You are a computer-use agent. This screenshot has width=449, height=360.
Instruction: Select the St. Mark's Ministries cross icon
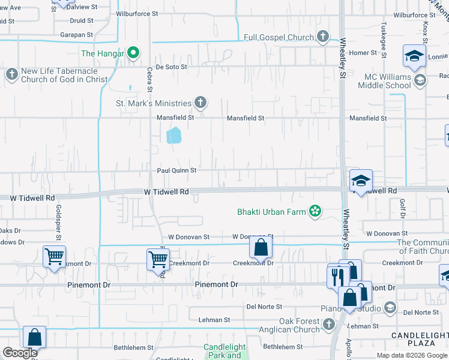pos(200,103)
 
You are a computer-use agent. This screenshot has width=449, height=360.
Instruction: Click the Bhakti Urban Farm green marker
pos(314,211)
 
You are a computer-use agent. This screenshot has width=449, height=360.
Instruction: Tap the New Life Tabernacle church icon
pos(11,74)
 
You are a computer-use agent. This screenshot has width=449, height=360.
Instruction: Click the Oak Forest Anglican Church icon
pos(328,325)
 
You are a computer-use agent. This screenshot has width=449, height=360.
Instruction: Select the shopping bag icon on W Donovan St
pos(261,246)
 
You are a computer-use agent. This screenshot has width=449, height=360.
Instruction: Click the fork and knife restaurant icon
pos(337,276)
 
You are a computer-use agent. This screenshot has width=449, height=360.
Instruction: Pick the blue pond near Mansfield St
pos(174,136)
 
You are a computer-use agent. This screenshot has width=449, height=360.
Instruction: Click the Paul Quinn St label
pos(176,170)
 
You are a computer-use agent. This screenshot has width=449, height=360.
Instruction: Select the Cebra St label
pos(149,79)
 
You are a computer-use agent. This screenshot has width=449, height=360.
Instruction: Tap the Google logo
pos(20,353)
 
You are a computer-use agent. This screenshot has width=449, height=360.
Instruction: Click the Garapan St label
pos(76,35)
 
